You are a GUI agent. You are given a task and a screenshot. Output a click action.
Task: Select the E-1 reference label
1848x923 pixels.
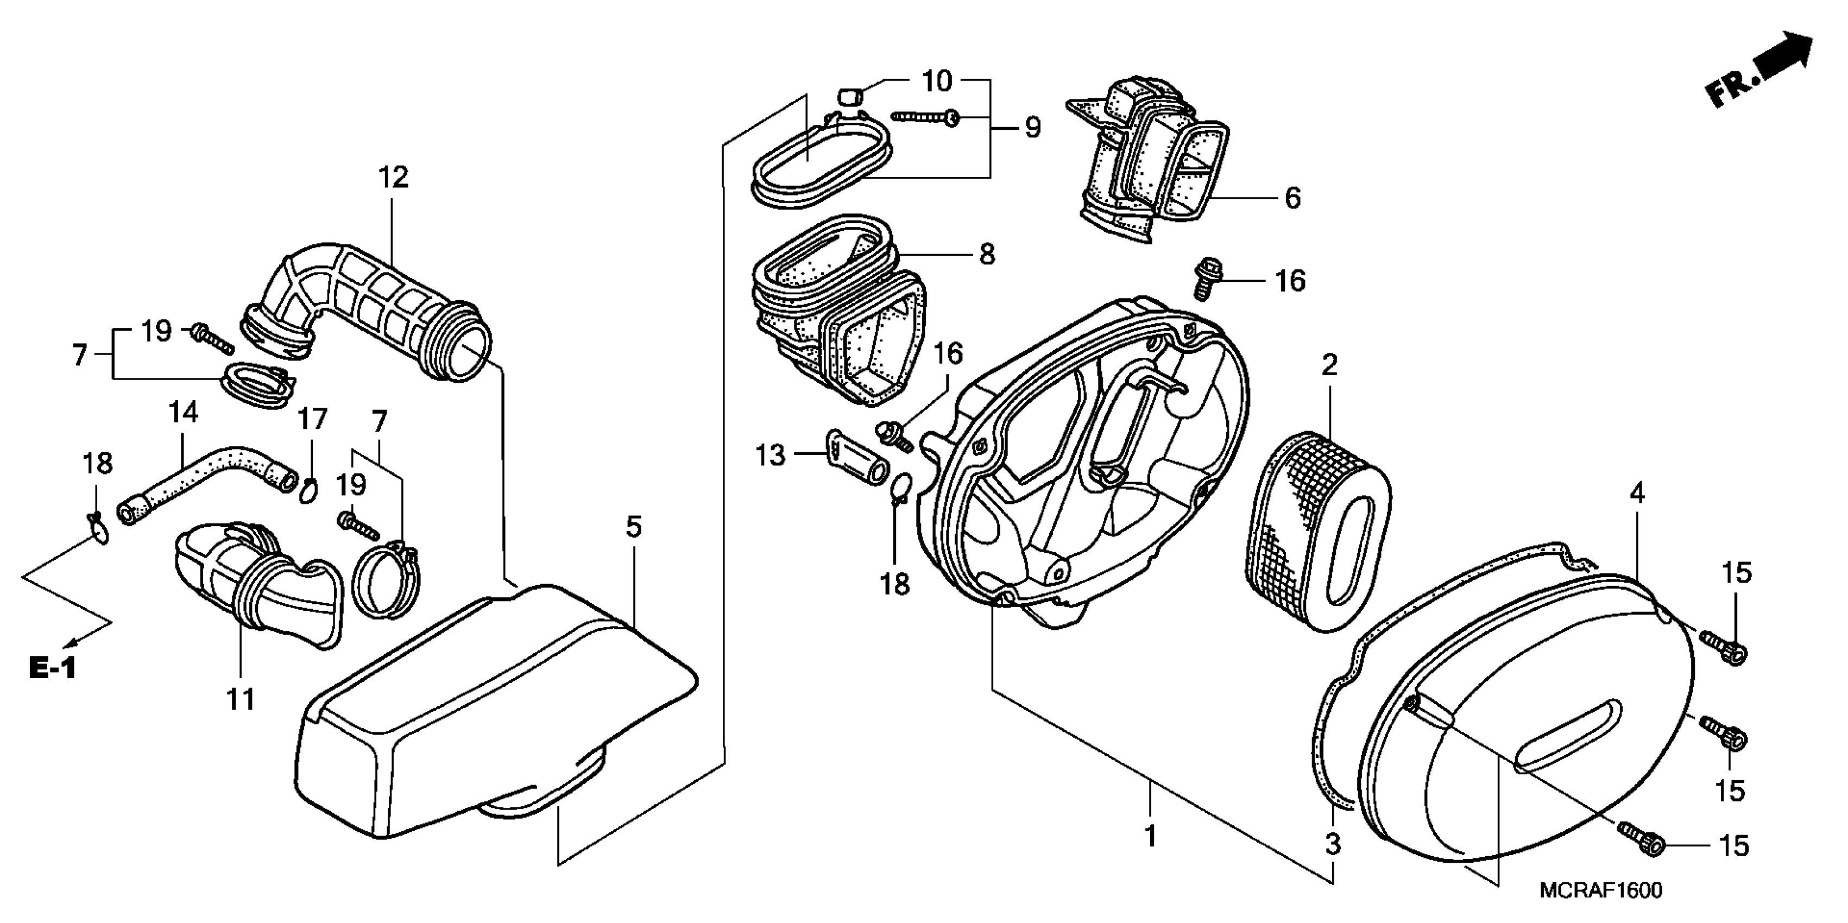point(52,668)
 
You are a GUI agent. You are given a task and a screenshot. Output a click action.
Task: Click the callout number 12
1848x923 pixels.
point(393,177)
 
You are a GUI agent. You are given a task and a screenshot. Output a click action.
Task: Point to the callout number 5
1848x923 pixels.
point(633,527)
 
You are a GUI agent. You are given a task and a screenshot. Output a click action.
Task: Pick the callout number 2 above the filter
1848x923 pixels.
point(1329,366)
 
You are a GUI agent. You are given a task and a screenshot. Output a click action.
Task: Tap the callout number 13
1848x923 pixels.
point(771,456)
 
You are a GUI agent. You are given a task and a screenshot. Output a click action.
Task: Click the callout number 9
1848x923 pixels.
point(1032,128)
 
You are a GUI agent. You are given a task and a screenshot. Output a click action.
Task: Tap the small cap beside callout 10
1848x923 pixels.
point(850,96)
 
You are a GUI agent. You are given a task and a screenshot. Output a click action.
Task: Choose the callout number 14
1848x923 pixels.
point(183,413)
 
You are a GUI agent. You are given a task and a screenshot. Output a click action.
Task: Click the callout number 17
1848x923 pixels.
point(313,419)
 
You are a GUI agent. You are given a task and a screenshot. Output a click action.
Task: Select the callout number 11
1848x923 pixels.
point(241,699)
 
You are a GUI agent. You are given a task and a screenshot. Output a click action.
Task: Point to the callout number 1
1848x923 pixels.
point(1150,836)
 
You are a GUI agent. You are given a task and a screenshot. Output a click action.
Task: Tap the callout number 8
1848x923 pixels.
point(987,254)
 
